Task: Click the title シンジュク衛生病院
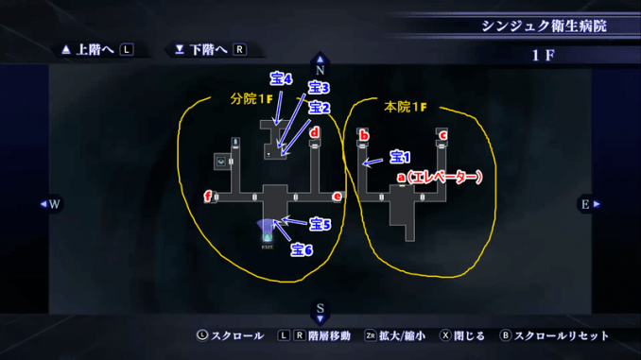[x=542, y=25]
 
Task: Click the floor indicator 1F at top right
[x=543, y=55]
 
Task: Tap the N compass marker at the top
[x=320, y=67]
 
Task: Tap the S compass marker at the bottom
[x=320, y=309]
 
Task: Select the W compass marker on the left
[x=53, y=203]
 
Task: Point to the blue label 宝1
[x=400, y=156]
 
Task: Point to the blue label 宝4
[x=281, y=79]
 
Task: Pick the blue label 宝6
[x=302, y=250]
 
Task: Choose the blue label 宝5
[x=320, y=225]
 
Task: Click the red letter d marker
[x=315, y=133]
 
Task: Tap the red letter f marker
[x=208, y=197]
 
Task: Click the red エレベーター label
[x=440, y=177]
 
